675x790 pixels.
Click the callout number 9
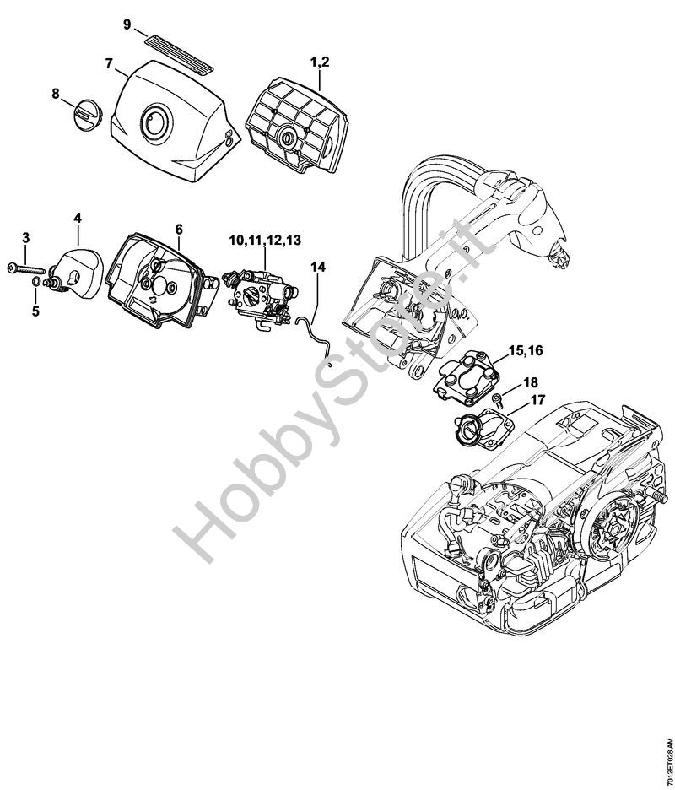point(127,24)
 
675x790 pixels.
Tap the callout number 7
point(109,64)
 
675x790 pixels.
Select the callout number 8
point(56,94)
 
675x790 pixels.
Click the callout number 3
point(26,237)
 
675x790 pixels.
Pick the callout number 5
point(35,311)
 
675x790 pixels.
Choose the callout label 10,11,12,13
point(265,240)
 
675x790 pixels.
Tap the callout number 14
point(318,267)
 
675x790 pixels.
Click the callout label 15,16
point(526,349)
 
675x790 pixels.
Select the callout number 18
point(531,382)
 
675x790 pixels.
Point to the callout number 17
point(537,400)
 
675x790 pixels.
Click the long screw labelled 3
point(28,269)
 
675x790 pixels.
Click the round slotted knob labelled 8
point(88,116)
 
